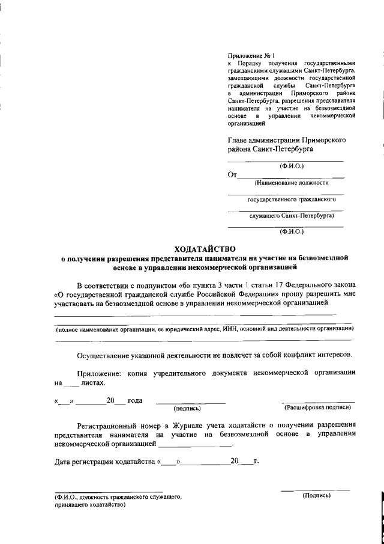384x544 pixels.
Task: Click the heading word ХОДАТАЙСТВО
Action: tap(205, 248)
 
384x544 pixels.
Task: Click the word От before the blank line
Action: tap(232, 175)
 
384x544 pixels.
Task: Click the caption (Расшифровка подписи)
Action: tap(318, 407)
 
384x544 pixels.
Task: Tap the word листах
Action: tap(92, 382)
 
